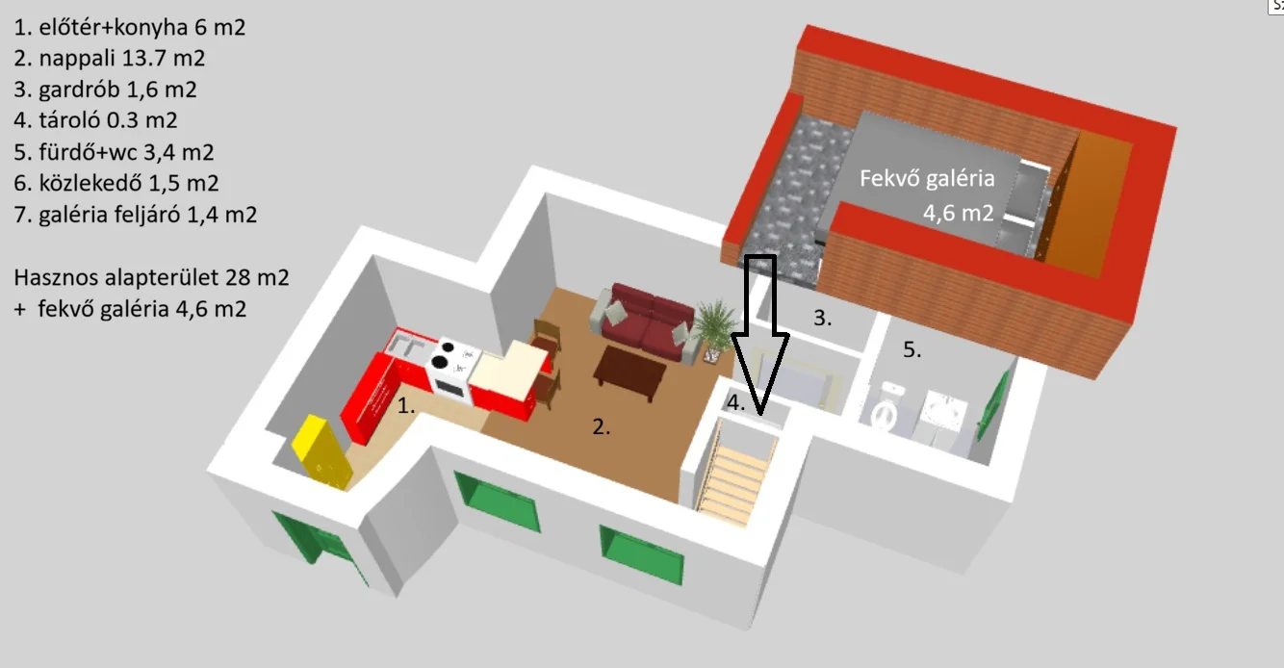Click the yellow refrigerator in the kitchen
322,452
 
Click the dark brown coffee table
629,373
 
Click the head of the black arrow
760,373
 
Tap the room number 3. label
823,318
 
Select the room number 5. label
912,349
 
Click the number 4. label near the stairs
735,402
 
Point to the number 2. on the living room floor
602,426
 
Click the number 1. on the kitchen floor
406,405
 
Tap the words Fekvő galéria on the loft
927,178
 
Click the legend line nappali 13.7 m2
110,58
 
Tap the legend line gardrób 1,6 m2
106,90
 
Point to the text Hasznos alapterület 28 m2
151,277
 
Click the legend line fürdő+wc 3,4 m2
114,152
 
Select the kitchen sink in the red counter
406,346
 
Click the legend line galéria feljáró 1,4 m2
136,215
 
